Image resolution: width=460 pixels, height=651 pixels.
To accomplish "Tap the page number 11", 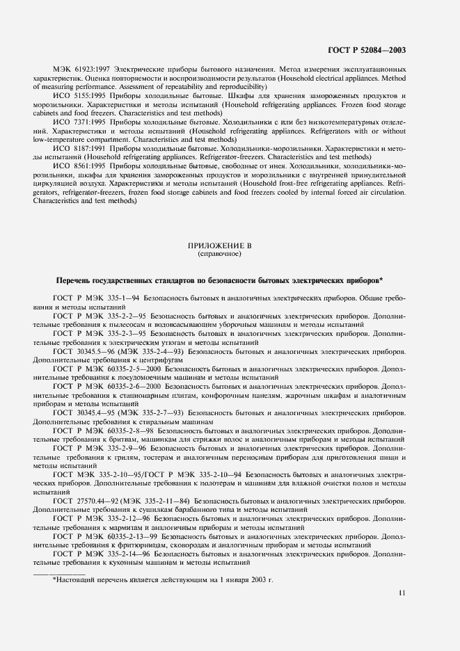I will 402,593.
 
